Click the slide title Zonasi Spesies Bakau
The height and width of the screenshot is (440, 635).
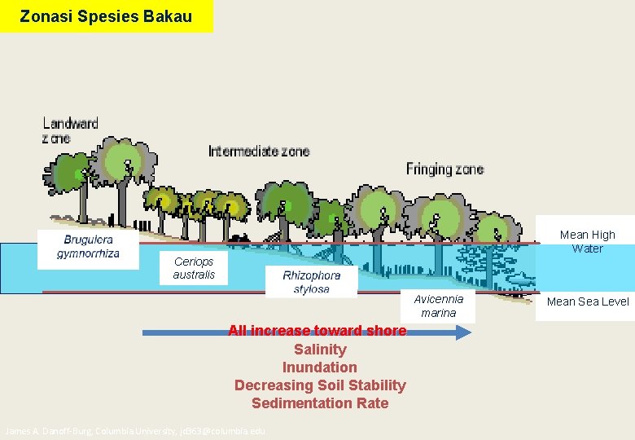106,16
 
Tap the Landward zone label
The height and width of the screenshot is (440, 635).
70,130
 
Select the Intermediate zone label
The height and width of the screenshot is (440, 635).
259,152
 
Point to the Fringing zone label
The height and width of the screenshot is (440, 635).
444,169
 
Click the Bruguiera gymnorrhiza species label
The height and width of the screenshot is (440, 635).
88,247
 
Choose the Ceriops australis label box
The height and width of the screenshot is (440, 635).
194,268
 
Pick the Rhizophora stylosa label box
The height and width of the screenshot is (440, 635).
311,282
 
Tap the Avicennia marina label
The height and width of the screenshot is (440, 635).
438,306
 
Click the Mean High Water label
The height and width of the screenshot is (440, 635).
587,241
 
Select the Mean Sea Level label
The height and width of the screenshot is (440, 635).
588,301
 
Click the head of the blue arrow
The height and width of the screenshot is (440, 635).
464,332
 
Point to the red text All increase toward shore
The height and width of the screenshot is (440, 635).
317,331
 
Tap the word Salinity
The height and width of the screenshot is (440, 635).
320,350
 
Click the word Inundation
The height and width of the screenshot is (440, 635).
320,367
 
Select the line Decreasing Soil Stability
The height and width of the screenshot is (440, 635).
320,385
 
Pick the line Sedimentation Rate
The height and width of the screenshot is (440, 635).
320,403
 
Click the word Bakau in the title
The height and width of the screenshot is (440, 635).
168,16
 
